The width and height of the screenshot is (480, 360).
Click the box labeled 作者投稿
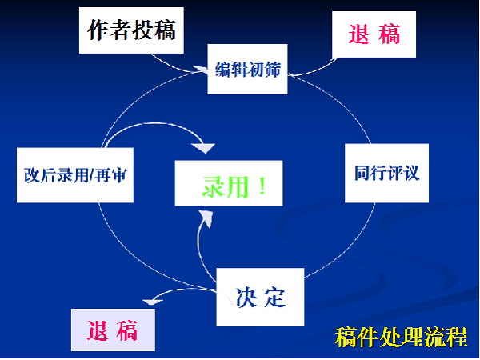(x=131, y=30)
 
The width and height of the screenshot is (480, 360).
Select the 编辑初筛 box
(x=247, y=69)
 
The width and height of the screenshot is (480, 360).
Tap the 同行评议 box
(x=386, y=173)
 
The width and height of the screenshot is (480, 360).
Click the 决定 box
(x=260, y=297)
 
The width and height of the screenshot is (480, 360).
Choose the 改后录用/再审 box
(x=75, y=175)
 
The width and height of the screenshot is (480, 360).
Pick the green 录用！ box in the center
(x=229, y=183)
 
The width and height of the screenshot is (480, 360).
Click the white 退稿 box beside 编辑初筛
(x=374, y=34)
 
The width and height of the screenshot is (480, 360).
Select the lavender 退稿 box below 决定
(x=113, y=330)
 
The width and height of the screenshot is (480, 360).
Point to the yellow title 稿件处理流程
(x=401, y=337)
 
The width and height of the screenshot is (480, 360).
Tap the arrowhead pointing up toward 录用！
(x=206, y=218)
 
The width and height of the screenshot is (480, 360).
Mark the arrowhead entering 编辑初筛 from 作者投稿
(x=201, y=70)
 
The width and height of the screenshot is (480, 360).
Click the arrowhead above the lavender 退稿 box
(x=153, y=302)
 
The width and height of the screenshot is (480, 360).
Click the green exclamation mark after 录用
(x=262, y=186)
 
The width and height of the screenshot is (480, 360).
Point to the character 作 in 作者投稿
(x=98, y=30)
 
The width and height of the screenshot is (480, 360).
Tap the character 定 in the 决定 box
(x=275, y=298)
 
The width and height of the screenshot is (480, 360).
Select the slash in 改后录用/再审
(x=91, y=175)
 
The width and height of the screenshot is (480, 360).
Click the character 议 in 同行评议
(x=411, y=174)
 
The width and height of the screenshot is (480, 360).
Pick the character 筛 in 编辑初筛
(x=273, y=70)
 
